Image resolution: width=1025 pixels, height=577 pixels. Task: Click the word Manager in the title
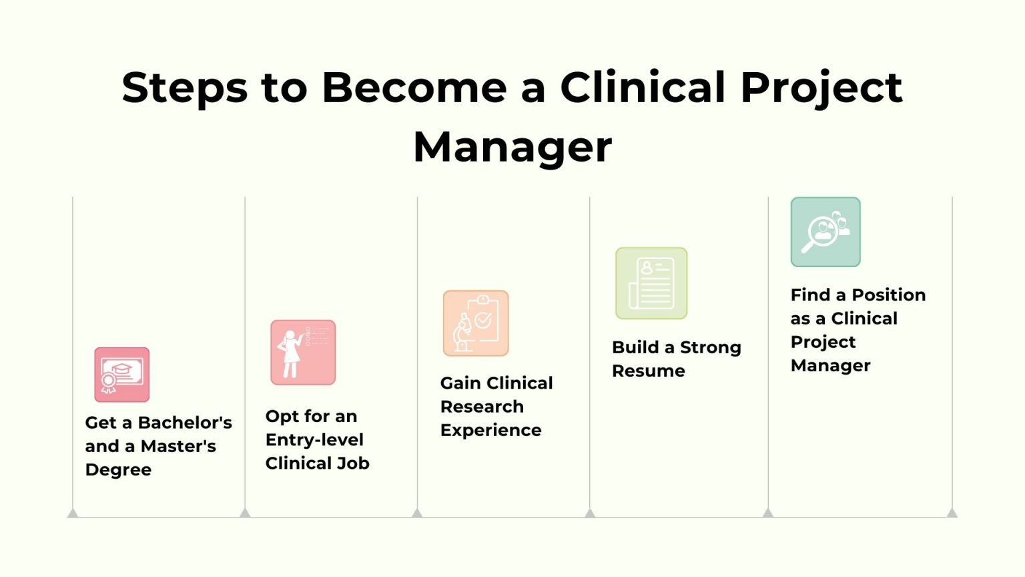tap(512, 148)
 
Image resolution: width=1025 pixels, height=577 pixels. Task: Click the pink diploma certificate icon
tap(122, 375)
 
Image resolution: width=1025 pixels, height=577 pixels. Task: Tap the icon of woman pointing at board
tap(303, 353)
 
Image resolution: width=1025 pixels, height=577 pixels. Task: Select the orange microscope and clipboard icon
tap(476, 323)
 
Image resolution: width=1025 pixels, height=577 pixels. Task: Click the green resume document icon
tap(651, 283)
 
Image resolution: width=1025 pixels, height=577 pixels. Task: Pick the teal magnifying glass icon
tap(825, 232)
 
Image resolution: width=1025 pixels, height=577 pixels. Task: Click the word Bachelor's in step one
tap(185, 423)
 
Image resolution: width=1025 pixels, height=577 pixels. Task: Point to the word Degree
tap(118, 470)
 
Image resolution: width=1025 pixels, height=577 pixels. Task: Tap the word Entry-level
tap(314, 440)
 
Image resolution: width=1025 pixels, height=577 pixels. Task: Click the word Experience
tap(490, 431)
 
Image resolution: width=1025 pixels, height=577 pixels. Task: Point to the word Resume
tap(648, 371)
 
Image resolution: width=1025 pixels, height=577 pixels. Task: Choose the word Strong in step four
tap(710, 348)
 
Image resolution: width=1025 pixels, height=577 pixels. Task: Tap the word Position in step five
tap(888, 295)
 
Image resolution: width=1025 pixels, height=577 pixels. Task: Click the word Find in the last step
tap(810, 295)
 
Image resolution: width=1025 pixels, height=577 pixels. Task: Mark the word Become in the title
tap(414, 87)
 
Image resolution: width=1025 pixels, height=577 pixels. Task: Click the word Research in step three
tap(482, 407)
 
